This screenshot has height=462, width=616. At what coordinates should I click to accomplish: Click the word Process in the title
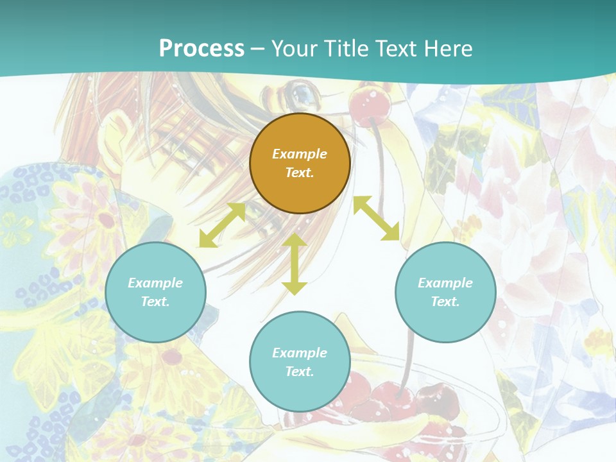(201, 49)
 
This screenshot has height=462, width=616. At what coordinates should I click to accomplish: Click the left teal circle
(155, 292)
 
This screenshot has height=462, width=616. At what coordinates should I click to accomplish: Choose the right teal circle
(445, 292)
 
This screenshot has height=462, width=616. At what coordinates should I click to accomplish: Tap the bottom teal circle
(300, 361)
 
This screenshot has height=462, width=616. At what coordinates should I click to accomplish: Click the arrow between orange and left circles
(222, 225)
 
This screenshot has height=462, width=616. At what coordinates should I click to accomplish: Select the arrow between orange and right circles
(376, 219)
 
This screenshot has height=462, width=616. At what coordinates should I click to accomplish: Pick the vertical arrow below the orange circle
(295, 264)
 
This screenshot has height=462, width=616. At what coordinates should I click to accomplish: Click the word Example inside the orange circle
(300, 154)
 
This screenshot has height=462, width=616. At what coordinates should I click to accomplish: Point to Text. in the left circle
(155, 302)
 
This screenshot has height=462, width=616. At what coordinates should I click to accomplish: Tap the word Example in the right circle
(445, 283)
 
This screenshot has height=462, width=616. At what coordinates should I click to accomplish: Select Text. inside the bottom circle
(300, 372)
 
